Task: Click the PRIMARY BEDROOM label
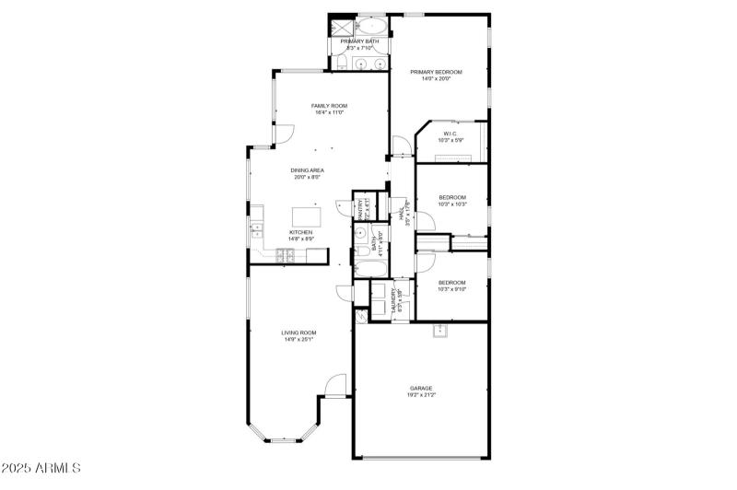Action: (x=436, y=72)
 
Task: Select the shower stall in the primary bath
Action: (x=340, y=27)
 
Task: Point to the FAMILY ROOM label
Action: (x=329, y=107)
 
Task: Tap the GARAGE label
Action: (x=422, y=389)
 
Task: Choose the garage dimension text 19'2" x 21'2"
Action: (x=422, y=395)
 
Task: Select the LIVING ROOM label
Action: (x=299, y=332)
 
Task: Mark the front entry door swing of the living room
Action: (x=334, y=387)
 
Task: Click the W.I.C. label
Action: (x=450, y=134)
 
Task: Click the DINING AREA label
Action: (x=307, y=170)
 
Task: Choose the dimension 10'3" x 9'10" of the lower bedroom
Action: (x=452, y=289)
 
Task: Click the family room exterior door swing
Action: (x=284, y=134)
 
